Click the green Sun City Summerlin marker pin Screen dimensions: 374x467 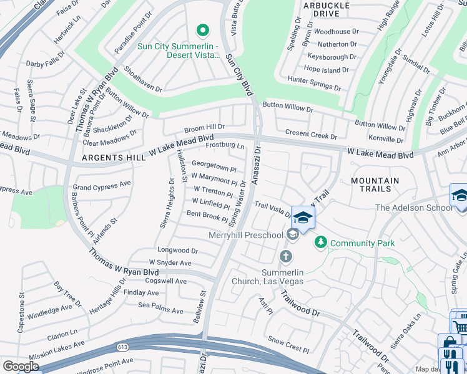click(202, 30)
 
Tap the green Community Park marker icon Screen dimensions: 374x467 click(321, 241)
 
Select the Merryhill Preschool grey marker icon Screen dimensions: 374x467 click(292, 234)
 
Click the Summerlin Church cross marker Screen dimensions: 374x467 click(286, 256)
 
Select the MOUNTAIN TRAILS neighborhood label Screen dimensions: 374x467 click(375, 185)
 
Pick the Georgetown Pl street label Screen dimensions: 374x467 click(214, 166)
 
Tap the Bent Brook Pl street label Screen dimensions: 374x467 click(207, 216)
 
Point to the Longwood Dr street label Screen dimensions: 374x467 click(177, 251)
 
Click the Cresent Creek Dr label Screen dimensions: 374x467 click(311, 134)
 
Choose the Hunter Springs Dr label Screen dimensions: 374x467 click(314, 83)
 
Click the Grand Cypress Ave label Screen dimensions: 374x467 click(102, 185)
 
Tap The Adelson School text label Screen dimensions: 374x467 click(413, 208)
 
